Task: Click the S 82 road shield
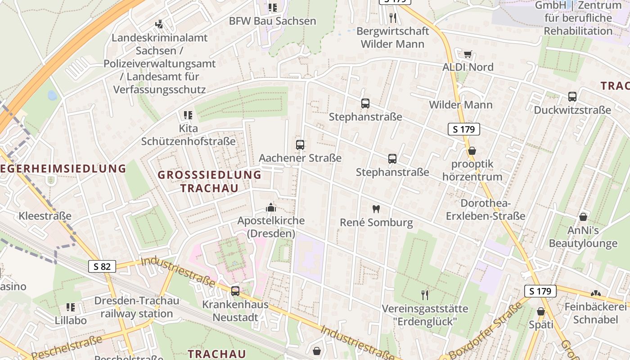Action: (102, 266)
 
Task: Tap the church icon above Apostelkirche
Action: (271, 207)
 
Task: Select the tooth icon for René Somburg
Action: (376, 209)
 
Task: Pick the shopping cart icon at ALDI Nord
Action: (468, 54)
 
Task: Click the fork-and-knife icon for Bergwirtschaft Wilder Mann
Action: (393, 18)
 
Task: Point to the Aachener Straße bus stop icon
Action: (300, 145)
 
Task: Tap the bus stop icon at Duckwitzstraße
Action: (572, 97)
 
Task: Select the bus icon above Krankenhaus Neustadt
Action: (235, 291)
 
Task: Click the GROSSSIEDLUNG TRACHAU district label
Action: (210, 181)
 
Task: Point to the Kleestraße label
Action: (45, 216)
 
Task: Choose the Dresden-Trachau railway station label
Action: (136, 307)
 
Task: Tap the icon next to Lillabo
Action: (71, 307)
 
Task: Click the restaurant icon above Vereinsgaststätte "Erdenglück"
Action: (425, 295)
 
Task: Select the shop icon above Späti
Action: (541, 311)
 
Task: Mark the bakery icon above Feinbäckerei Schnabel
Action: (596, 293)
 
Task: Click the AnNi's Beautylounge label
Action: (583, 237)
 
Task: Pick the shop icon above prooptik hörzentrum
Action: (472, 151)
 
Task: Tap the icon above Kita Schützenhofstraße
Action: (188, 115)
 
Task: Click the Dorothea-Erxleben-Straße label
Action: (486, 210)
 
